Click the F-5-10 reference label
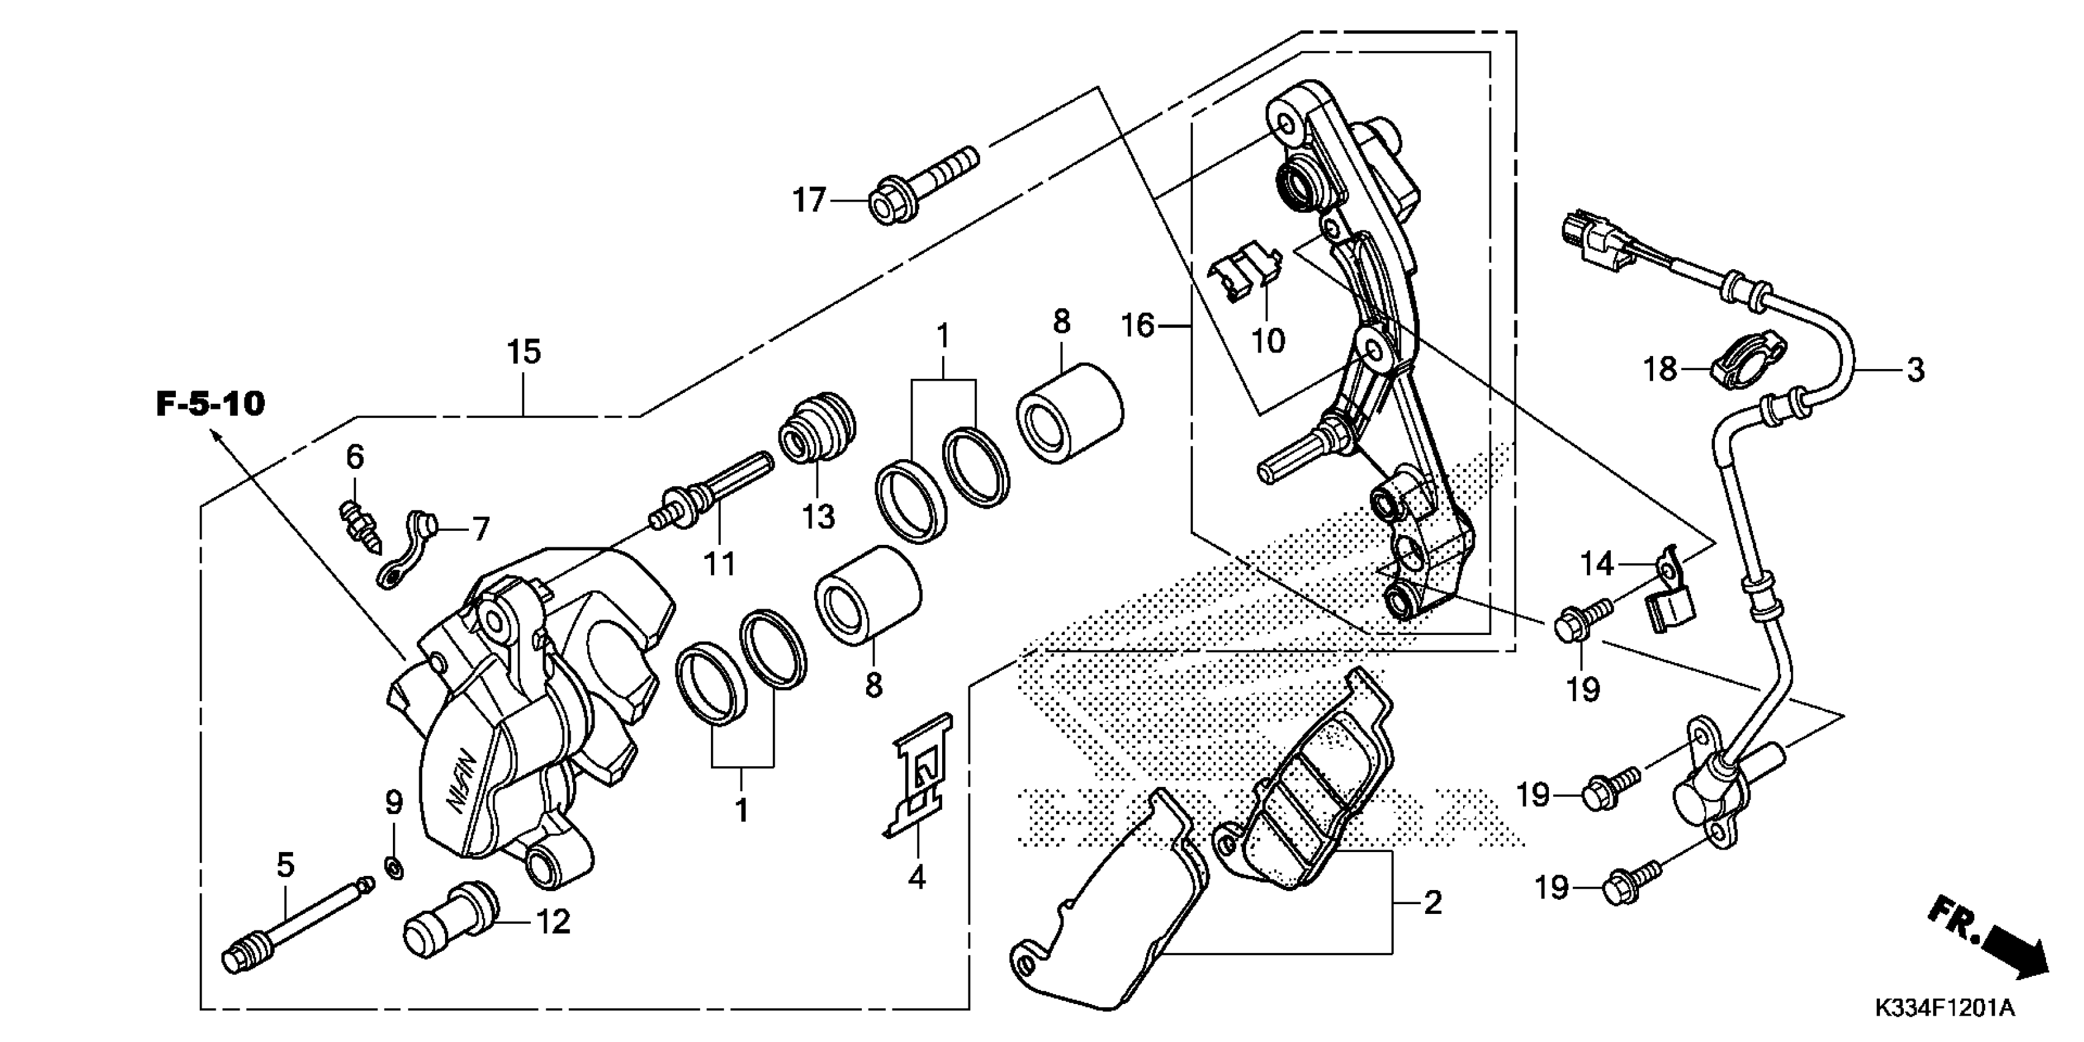[210, 404]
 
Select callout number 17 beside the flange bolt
[808, 200]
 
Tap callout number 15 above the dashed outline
[523, 352]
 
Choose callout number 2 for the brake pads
[1432, 902]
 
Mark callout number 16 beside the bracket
[1138, 326]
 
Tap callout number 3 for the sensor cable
[1915, 371]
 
